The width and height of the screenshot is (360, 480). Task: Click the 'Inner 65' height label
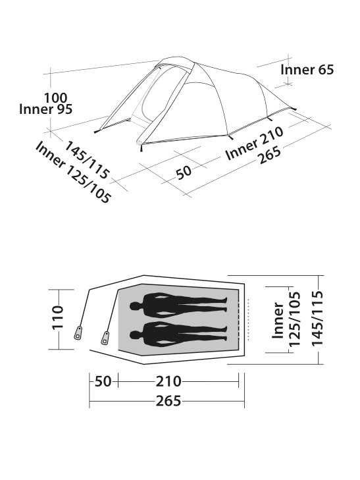[307, 70]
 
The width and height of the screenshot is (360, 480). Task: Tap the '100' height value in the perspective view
[56, 98]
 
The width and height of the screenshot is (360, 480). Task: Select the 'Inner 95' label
[45, 109]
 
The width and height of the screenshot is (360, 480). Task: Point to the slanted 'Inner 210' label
[255, 144]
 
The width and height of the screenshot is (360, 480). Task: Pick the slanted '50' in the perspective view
[184, 173]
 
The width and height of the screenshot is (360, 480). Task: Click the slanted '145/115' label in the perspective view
[86, 159]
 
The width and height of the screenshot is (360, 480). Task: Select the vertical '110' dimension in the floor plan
[57, 317]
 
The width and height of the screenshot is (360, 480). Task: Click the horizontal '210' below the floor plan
[168, 381]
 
